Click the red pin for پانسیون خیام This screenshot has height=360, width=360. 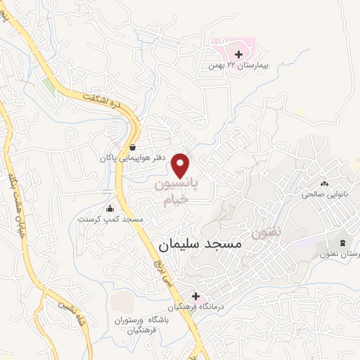[x=182, y=165]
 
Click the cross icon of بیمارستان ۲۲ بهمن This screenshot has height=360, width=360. [x=238, y=53]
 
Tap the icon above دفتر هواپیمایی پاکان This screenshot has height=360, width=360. [x=133, y=148]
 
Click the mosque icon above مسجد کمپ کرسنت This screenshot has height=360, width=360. [x=110, y=209]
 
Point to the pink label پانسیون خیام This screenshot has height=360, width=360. [x=176, y=191]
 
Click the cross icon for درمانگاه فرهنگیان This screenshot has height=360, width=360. [x=195, y=296]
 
